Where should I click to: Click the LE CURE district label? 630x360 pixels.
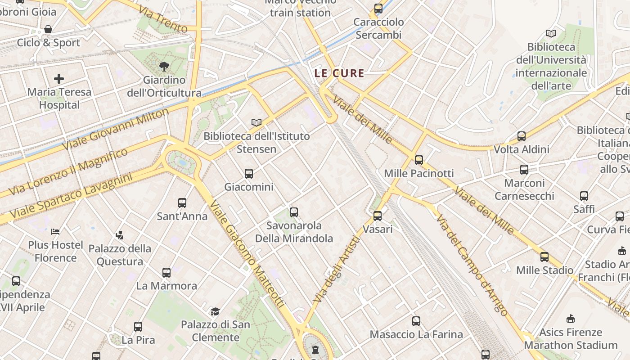[x=339, y=73]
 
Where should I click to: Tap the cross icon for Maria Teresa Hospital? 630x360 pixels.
[x=59, y=79]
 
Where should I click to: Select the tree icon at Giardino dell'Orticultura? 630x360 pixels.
[x=164, y=67]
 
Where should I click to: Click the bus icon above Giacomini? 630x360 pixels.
[x=248, y=173]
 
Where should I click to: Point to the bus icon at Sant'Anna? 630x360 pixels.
[x=182, y=203]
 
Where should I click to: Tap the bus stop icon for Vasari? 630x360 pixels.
[x=378, y=216]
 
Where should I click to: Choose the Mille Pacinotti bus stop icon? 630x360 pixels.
[x=419, y=160]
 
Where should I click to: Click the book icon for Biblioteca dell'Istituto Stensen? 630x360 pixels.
[x=256, y=122]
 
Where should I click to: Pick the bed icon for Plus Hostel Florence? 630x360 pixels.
[x=55, y=232]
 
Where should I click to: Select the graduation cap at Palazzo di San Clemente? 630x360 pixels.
[x=216, y=311]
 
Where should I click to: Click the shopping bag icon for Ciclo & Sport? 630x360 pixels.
[x=48, y=30]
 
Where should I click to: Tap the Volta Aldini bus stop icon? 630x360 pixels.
[x=522, y=136]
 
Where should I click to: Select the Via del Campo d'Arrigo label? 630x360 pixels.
[x=472, y=265]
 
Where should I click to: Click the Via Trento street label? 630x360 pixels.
[x=163, y=19]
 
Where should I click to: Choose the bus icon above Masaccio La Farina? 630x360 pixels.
[x=416, y=321]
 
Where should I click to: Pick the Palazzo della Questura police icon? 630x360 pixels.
[x=119, y=235]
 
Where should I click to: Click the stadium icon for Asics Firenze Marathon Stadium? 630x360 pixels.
[x=571, y=319]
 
